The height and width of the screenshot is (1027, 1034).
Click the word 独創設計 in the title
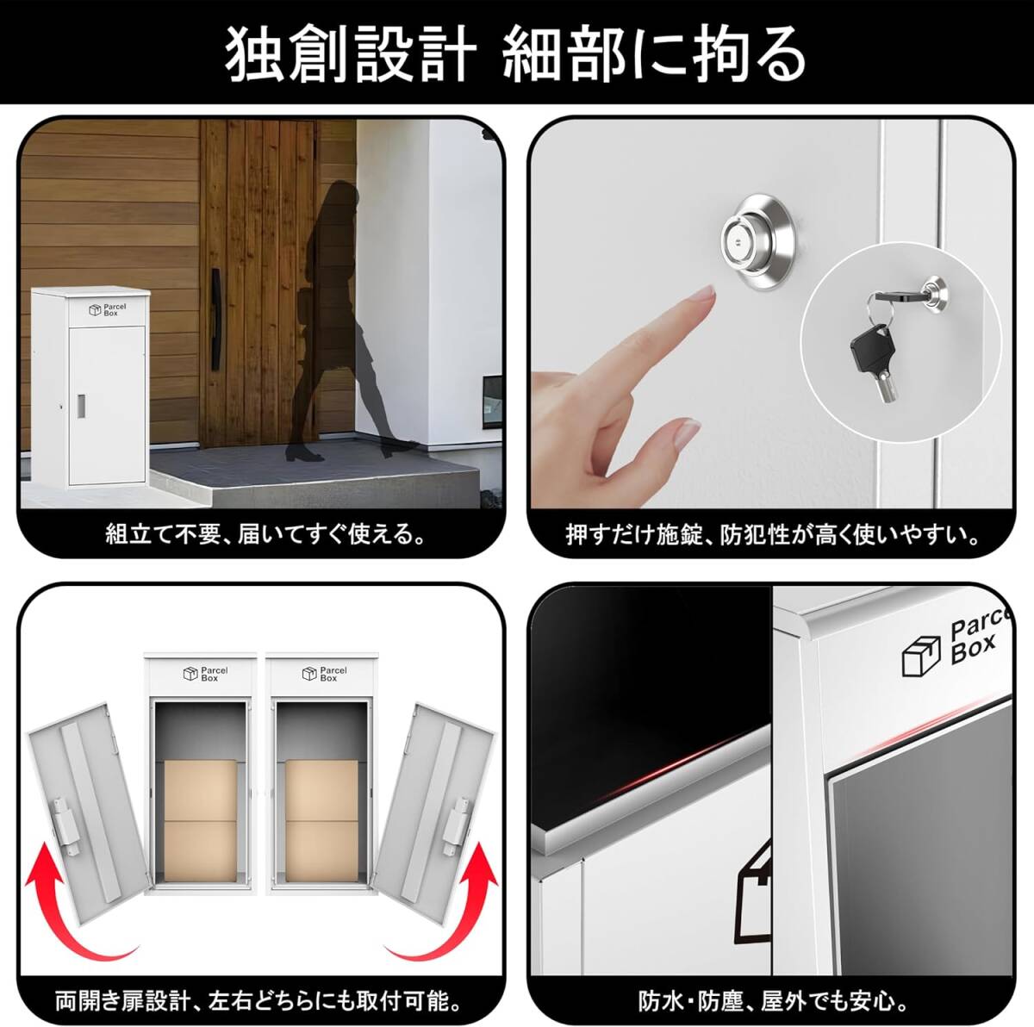pyautogui.click(x=350, y=54)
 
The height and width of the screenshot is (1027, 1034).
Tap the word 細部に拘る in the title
pyautogui.click(x=654, y=54)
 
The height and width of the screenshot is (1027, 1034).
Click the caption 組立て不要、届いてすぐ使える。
pyautogui.click(x=265, y=535)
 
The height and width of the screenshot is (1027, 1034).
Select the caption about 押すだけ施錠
pyautogui.click(x=772, y=535)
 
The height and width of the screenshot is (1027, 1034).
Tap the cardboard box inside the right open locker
pyautogui.click(x=321, y=818)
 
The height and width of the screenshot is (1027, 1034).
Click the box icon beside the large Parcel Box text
pyautogui.click(x=920, y=655)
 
